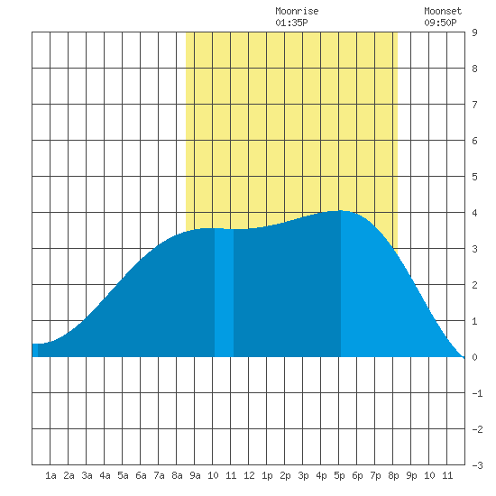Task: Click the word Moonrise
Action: click(x=297, y=11)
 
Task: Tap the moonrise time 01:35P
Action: click(x=291, y=23)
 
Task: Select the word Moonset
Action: click(x=443, y=11)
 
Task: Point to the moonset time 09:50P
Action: click(x=440, y=23)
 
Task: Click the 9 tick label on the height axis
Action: click(x=474, y=32)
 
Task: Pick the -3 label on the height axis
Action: click(x=477, y=465)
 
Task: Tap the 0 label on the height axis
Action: click(x=474, y=357)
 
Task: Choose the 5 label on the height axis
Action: click(x=474, y=177)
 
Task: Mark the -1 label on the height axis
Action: click(x=477, y=393)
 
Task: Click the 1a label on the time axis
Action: click(x=51, y=475)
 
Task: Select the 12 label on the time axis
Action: click(x=249, y=475)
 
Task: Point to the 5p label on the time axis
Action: click(x=339, y=475)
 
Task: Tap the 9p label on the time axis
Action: click(x=411, y=475)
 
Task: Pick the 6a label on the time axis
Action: click(x=141, y=475)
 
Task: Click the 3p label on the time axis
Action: click(x=303, y=475)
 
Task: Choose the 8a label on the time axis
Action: click(x=177, y=475)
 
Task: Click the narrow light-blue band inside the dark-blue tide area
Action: click(x=224, y=292)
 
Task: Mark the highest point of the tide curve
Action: click(x=341, y=210)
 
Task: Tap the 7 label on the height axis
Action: click(x=474, y=105)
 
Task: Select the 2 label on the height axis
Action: click(x=474, y=285)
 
